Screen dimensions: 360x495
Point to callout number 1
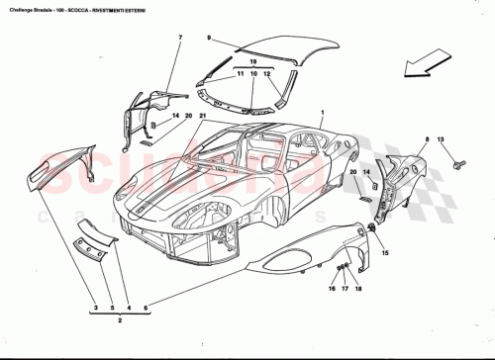pos(322,116)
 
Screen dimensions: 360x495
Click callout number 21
pos(203,116)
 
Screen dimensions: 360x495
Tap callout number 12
pos(266,75)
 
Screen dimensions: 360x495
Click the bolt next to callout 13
pos(459,161)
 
